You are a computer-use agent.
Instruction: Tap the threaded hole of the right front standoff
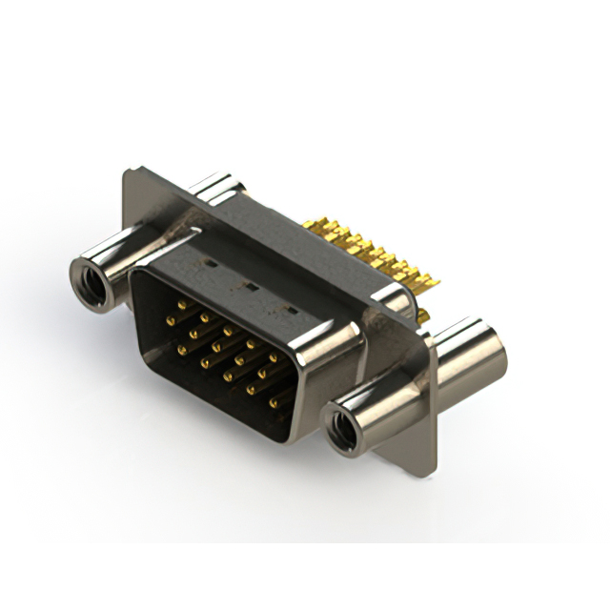pos(340,426)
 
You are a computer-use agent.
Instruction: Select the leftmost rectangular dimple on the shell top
pos(207,258)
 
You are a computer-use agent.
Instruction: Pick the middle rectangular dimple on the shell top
pos(250,284)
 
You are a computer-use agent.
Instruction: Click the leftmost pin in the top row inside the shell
pos(181,303)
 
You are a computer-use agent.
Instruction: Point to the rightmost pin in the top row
pos(273,357)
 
